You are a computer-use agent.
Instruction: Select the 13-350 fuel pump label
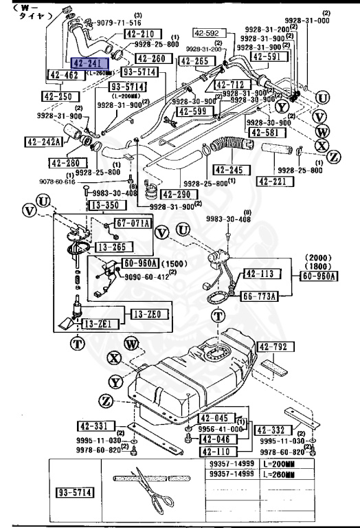102,205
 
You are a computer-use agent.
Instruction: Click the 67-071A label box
133,223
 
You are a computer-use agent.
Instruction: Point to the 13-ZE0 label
146,314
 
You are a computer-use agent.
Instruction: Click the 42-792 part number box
277,347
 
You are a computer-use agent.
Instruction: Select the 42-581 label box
266,133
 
